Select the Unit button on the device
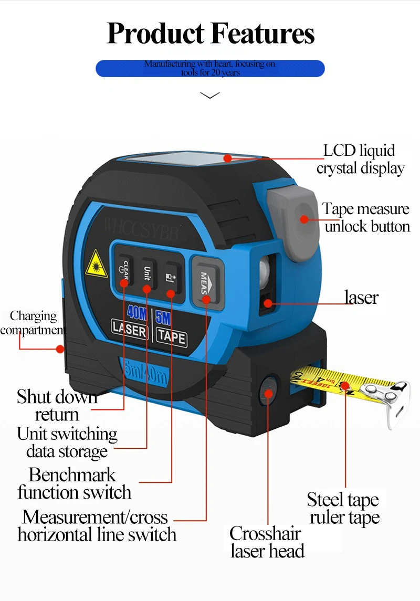pos(147,273)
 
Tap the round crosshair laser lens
pos(269,392)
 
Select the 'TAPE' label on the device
pos(171,336)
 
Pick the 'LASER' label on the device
pos(130,330)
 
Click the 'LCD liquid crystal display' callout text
pos(360,159)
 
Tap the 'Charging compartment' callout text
pos(33,323)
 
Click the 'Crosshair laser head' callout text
pos(266,542)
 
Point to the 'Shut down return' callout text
pos(57,405)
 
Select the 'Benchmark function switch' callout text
pos(73,483)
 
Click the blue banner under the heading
pos(210,68)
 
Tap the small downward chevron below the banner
pos(210,96)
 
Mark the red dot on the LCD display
pos(227,157)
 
